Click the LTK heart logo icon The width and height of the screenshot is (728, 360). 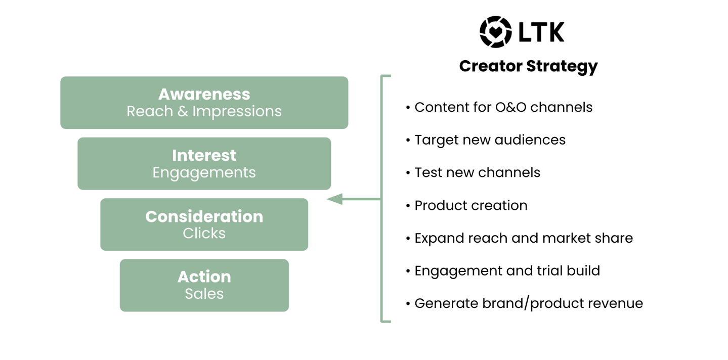click(495, 32)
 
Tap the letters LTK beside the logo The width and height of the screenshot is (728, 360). click(541, 32)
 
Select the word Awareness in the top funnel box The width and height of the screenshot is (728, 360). click(204, 94)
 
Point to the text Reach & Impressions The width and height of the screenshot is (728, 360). click(204, 111)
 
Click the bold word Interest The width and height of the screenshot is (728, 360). click(204, 155)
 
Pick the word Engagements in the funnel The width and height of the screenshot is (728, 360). click(204, 172)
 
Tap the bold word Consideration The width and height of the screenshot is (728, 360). click(204, 216)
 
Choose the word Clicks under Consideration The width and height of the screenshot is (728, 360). click(204, 233)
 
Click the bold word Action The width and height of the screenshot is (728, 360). click(204, 277)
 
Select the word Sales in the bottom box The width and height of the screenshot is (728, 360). click(204, 294)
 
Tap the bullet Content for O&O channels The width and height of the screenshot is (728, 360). click(503, 107)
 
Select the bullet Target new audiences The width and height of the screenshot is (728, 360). click(490, 140)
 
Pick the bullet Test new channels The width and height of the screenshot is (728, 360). click(477, 172)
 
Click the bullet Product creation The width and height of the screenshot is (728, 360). click(470, 205)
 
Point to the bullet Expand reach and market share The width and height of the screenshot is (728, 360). click(523, 238)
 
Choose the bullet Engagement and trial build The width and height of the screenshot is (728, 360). click(507, 271)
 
